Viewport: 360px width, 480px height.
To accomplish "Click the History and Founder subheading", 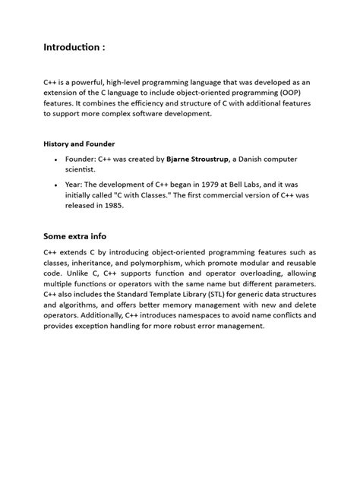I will tap(80, 144).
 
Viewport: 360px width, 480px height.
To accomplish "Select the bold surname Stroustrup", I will tap(223, 159).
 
